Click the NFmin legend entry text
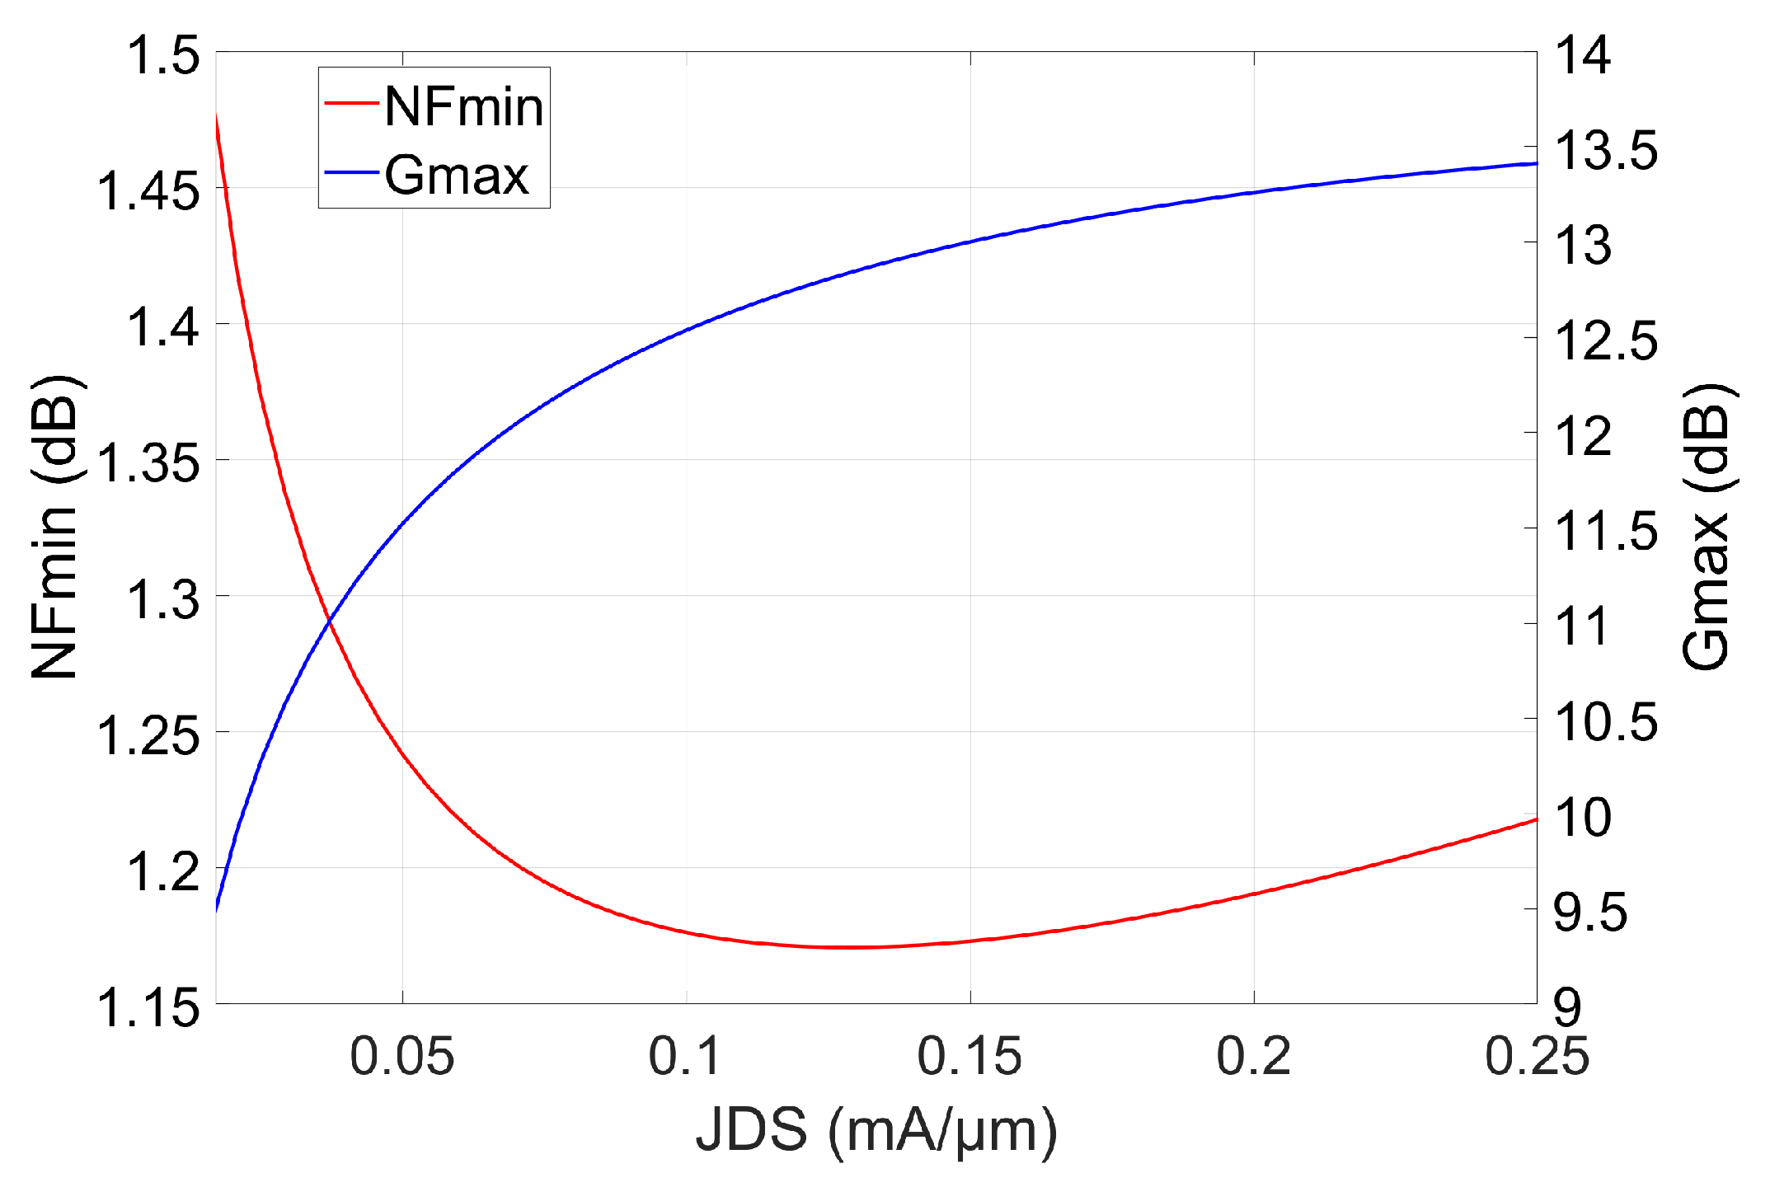tap(463, 107)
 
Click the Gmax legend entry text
tap(456, 175)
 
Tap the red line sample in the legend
tap(351, 103)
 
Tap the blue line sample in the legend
tap(351, 172)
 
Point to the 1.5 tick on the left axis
tap(162, 56)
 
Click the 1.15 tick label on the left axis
tap(148, 1007)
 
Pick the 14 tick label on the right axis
tap(1582, 56)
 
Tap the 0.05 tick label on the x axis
tap(401, 1056)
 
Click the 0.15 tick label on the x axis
tap(970, 1056)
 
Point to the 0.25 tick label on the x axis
tap(1537, 1056)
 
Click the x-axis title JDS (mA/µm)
tap(876, 1131)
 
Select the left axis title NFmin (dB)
tap(56, 528)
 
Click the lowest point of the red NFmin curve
tap(849, 947)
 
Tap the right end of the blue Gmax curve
tap(1535, 164)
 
